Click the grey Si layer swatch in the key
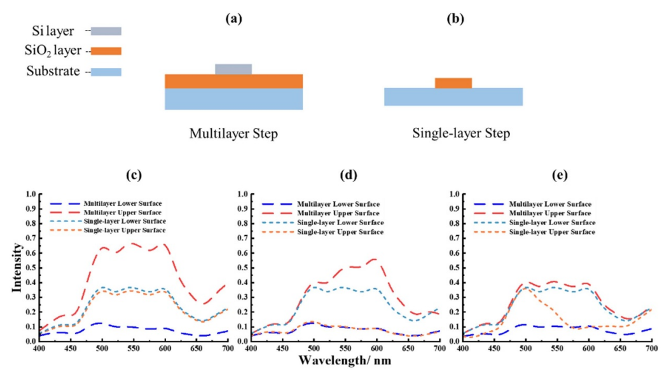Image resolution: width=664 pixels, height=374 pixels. point(106,31)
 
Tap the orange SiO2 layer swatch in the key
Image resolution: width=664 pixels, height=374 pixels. point(106,51)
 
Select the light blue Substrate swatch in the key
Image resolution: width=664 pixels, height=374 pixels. point(106,72)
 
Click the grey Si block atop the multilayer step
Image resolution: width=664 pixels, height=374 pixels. point(233,69)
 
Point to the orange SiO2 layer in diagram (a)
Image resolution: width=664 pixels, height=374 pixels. point(233,81)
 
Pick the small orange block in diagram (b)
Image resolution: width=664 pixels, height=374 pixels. point(453,83)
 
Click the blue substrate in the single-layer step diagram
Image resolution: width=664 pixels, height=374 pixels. point(453,97)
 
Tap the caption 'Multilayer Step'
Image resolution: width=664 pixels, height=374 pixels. point(233,134)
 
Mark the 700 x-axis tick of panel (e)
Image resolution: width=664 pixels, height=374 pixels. point(651,348)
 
